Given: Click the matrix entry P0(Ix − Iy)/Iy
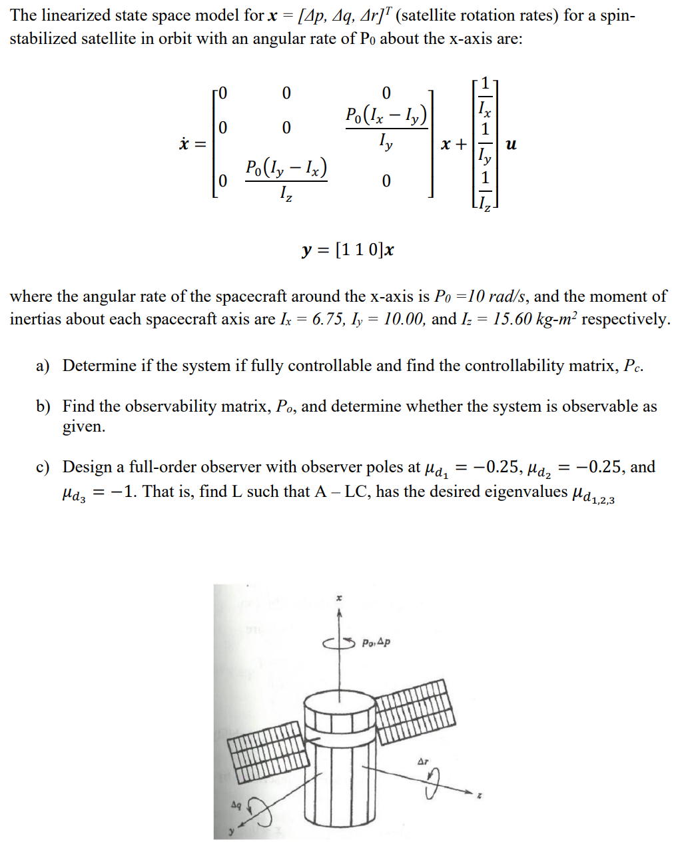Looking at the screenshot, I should pyautogui.click(x=386, y=127).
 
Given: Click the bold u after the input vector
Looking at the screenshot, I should pyautogui.click(x=511, y=144).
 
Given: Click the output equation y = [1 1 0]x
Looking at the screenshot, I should pyautogui.click(x=348, y=250).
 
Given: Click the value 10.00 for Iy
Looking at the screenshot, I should pyautogui.click(x=404, y=319).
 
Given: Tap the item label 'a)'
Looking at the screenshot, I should pyautogui.click(x=43, y=366).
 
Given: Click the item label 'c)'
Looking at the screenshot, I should pyautogui.click(x=43, y=467).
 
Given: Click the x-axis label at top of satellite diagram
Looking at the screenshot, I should pyautogui.click(x=339, y=599).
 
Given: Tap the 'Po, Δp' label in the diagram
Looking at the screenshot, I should pyautogui.click(x=376, y=643).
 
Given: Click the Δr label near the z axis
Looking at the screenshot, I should pyautogui.click(x=423, y=761).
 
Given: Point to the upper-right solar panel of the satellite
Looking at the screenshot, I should pyautogui.click(x=416, y=710).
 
